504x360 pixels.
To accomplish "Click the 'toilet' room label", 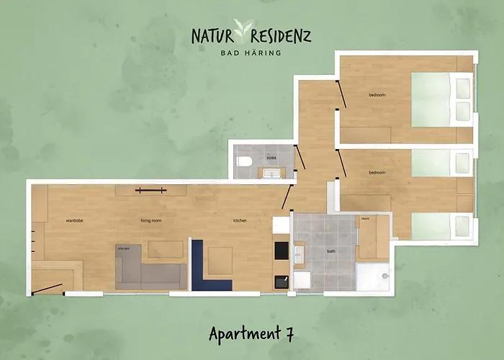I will point(271,157).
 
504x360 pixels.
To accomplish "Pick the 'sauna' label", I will point(365,218).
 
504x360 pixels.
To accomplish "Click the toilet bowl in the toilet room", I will point(244,161).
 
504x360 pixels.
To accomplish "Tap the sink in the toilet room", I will point(271,173).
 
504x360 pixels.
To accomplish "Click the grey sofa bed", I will point(148,271).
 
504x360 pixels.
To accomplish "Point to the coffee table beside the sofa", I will point(164,249).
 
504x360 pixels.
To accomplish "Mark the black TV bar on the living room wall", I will point(150,190).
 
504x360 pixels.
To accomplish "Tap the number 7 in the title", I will point(288,333).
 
